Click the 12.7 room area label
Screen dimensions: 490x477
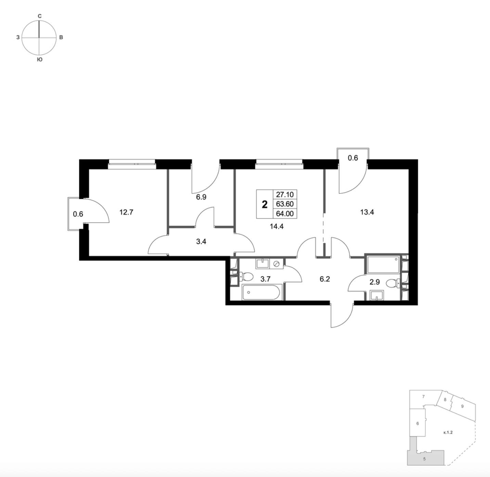coord(126,212)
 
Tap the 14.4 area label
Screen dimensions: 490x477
coord(276,227)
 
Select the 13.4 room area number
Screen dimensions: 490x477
coord(367,212)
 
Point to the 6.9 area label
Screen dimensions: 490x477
coord(201,197)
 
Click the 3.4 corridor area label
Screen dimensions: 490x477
coord(201,242)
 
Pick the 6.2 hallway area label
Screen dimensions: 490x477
coord(325,279)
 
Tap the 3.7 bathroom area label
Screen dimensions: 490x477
coord(265,279)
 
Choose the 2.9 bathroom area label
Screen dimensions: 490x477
coord(374,282)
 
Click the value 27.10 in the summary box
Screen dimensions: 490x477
coord(285,194)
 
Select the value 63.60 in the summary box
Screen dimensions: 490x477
coord(285,204)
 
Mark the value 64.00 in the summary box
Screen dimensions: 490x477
coord(285,214)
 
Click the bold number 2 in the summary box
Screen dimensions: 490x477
coord(265,205)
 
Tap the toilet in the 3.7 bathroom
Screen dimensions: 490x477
coord(246,277)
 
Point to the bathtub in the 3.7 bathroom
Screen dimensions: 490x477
coord(261,293)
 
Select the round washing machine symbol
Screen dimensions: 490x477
coord(276,264)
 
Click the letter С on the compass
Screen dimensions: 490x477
coord(40,16)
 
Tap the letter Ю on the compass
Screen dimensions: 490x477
coord(40,60)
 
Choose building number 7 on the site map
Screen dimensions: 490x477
coord(424,397)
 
